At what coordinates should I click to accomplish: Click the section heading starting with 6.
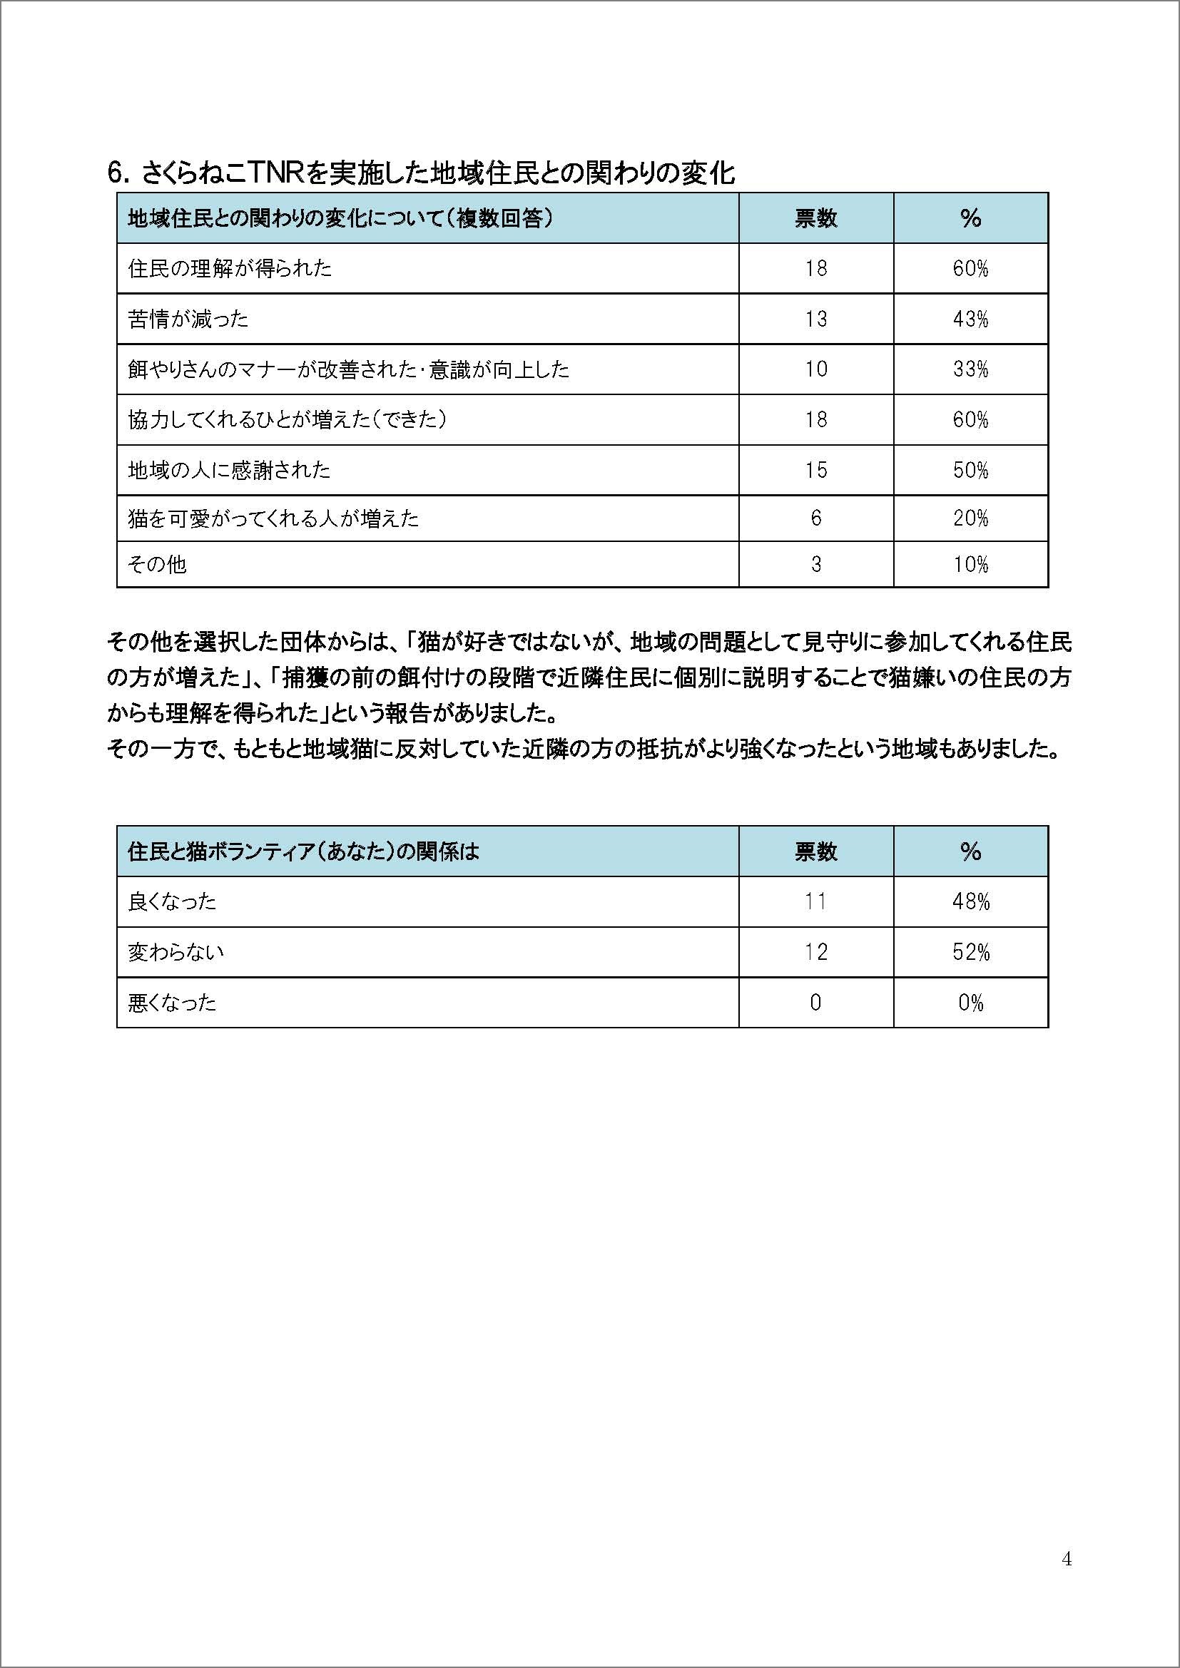coord(421,173)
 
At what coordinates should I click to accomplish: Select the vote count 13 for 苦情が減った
coord(815,319)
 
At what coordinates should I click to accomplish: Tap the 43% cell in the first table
coord(970,319)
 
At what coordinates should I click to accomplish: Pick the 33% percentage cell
coord(970,370)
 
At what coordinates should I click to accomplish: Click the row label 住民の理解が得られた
coord(230,269)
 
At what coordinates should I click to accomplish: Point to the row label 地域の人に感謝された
coord(229,470)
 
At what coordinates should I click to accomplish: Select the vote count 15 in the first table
coord(815,470)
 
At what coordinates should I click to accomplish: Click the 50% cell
coord(970,470)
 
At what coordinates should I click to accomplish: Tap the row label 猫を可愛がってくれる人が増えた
coord(273,518)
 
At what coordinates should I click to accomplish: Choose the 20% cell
coord(970,518)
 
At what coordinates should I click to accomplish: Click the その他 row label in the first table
coord(157,565)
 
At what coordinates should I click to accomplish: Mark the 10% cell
coord(970,565)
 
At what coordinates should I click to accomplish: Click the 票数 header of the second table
coord(815,851)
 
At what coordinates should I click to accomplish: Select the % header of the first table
coord(970,218)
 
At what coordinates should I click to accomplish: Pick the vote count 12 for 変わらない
coord(815,953)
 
